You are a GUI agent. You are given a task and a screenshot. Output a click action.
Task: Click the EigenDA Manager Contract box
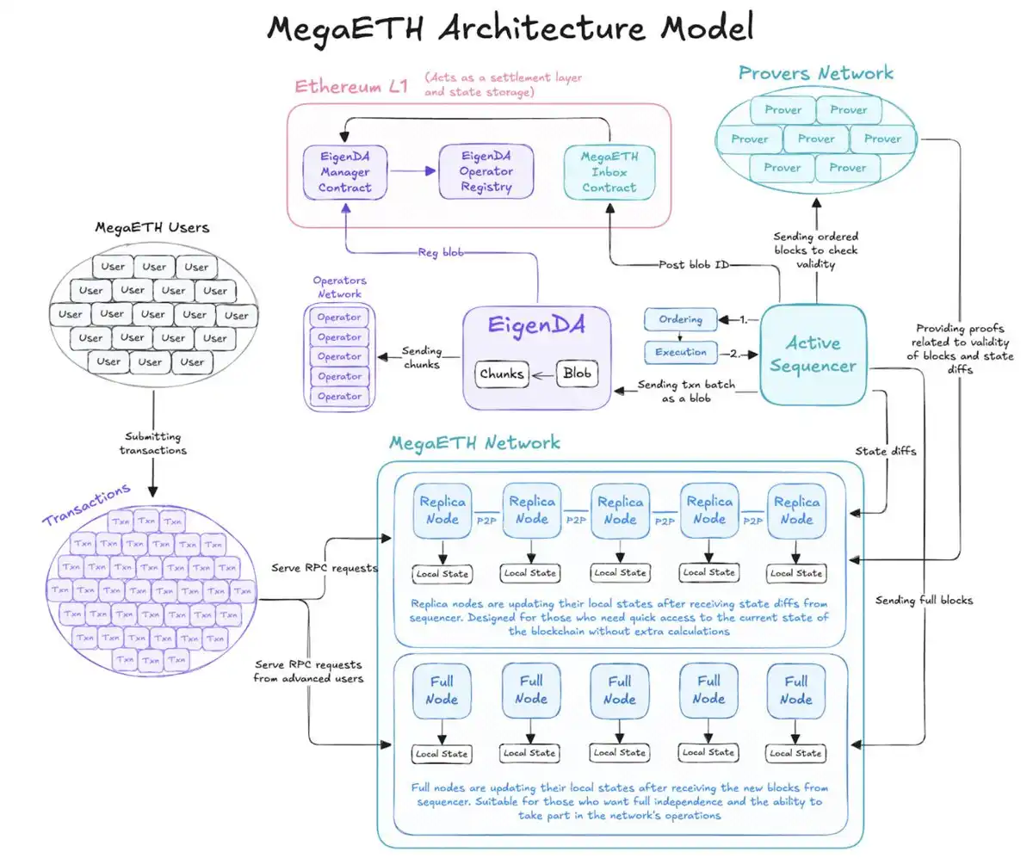pos(344,171)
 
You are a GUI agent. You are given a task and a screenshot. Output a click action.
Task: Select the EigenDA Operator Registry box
pos(486,171)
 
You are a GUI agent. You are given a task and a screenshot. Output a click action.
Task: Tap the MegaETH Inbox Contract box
pos(609,171)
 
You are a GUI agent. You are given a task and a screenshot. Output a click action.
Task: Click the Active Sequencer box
pos(813,355)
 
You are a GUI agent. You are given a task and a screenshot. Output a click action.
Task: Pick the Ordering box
pos(680,319)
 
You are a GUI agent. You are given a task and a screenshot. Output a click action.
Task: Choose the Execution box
pos(680,352)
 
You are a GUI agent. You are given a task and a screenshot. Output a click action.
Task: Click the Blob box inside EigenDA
pos(576,374)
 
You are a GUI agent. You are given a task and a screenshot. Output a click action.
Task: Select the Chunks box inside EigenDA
pos(501,374)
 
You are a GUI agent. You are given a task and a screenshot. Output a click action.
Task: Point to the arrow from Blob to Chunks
pos(542,374)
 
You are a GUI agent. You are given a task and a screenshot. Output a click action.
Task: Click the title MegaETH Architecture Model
pos(510,28)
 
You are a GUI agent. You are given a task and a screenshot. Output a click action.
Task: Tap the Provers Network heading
pos(815,73)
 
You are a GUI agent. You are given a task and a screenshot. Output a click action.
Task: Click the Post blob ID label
pos(693,264)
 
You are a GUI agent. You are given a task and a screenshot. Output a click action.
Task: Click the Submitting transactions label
pos(154,443)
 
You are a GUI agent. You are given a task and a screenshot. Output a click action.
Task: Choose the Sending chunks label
pos(421,357)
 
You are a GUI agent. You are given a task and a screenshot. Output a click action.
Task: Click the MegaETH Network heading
pos(474,443)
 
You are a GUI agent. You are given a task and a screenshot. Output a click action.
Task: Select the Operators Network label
pos(338,287)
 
